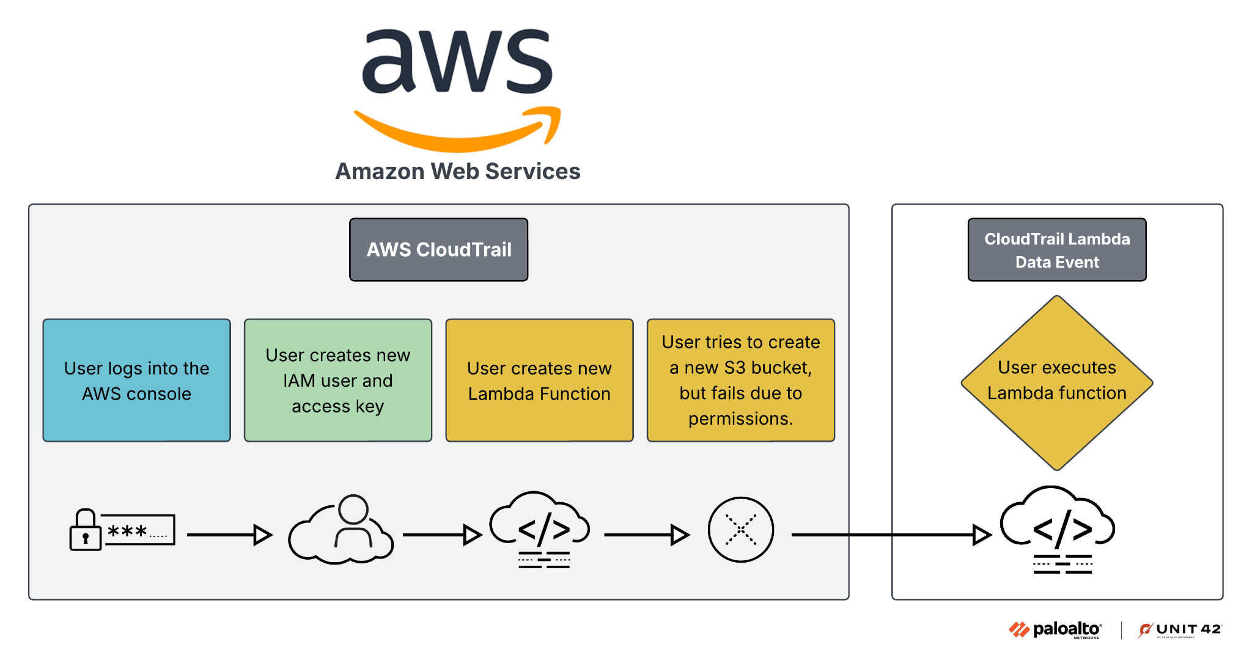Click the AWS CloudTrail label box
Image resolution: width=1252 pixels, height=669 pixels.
coord(438,250)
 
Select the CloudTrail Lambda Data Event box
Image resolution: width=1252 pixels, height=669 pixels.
coord(1056,250)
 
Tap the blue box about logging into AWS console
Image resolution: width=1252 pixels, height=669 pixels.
coord(136,380)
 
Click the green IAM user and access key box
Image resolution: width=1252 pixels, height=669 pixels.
coord(337,380)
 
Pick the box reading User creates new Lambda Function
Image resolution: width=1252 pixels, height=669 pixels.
coord(539,380)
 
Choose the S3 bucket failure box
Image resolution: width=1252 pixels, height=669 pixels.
coord(740,380)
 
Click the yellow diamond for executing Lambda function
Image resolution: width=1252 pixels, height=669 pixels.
coord(1056,382)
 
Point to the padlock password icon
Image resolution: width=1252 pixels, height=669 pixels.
coord(122,530)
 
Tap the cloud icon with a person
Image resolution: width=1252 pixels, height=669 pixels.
coord(341,530)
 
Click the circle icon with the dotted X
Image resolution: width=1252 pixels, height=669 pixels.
coord(740,530)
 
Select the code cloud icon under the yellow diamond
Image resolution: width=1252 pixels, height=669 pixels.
coord(1058,529)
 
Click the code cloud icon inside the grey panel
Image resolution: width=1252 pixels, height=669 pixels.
coord(540,529)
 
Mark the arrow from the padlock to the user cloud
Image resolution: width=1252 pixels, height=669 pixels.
coord(229,535)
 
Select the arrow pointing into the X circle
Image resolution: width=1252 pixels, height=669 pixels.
coord(646,535)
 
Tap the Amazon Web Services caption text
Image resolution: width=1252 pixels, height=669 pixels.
coord(457,172)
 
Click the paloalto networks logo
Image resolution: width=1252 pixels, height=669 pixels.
coord(1055,630)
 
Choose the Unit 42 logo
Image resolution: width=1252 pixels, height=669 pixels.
coord(1179,630)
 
